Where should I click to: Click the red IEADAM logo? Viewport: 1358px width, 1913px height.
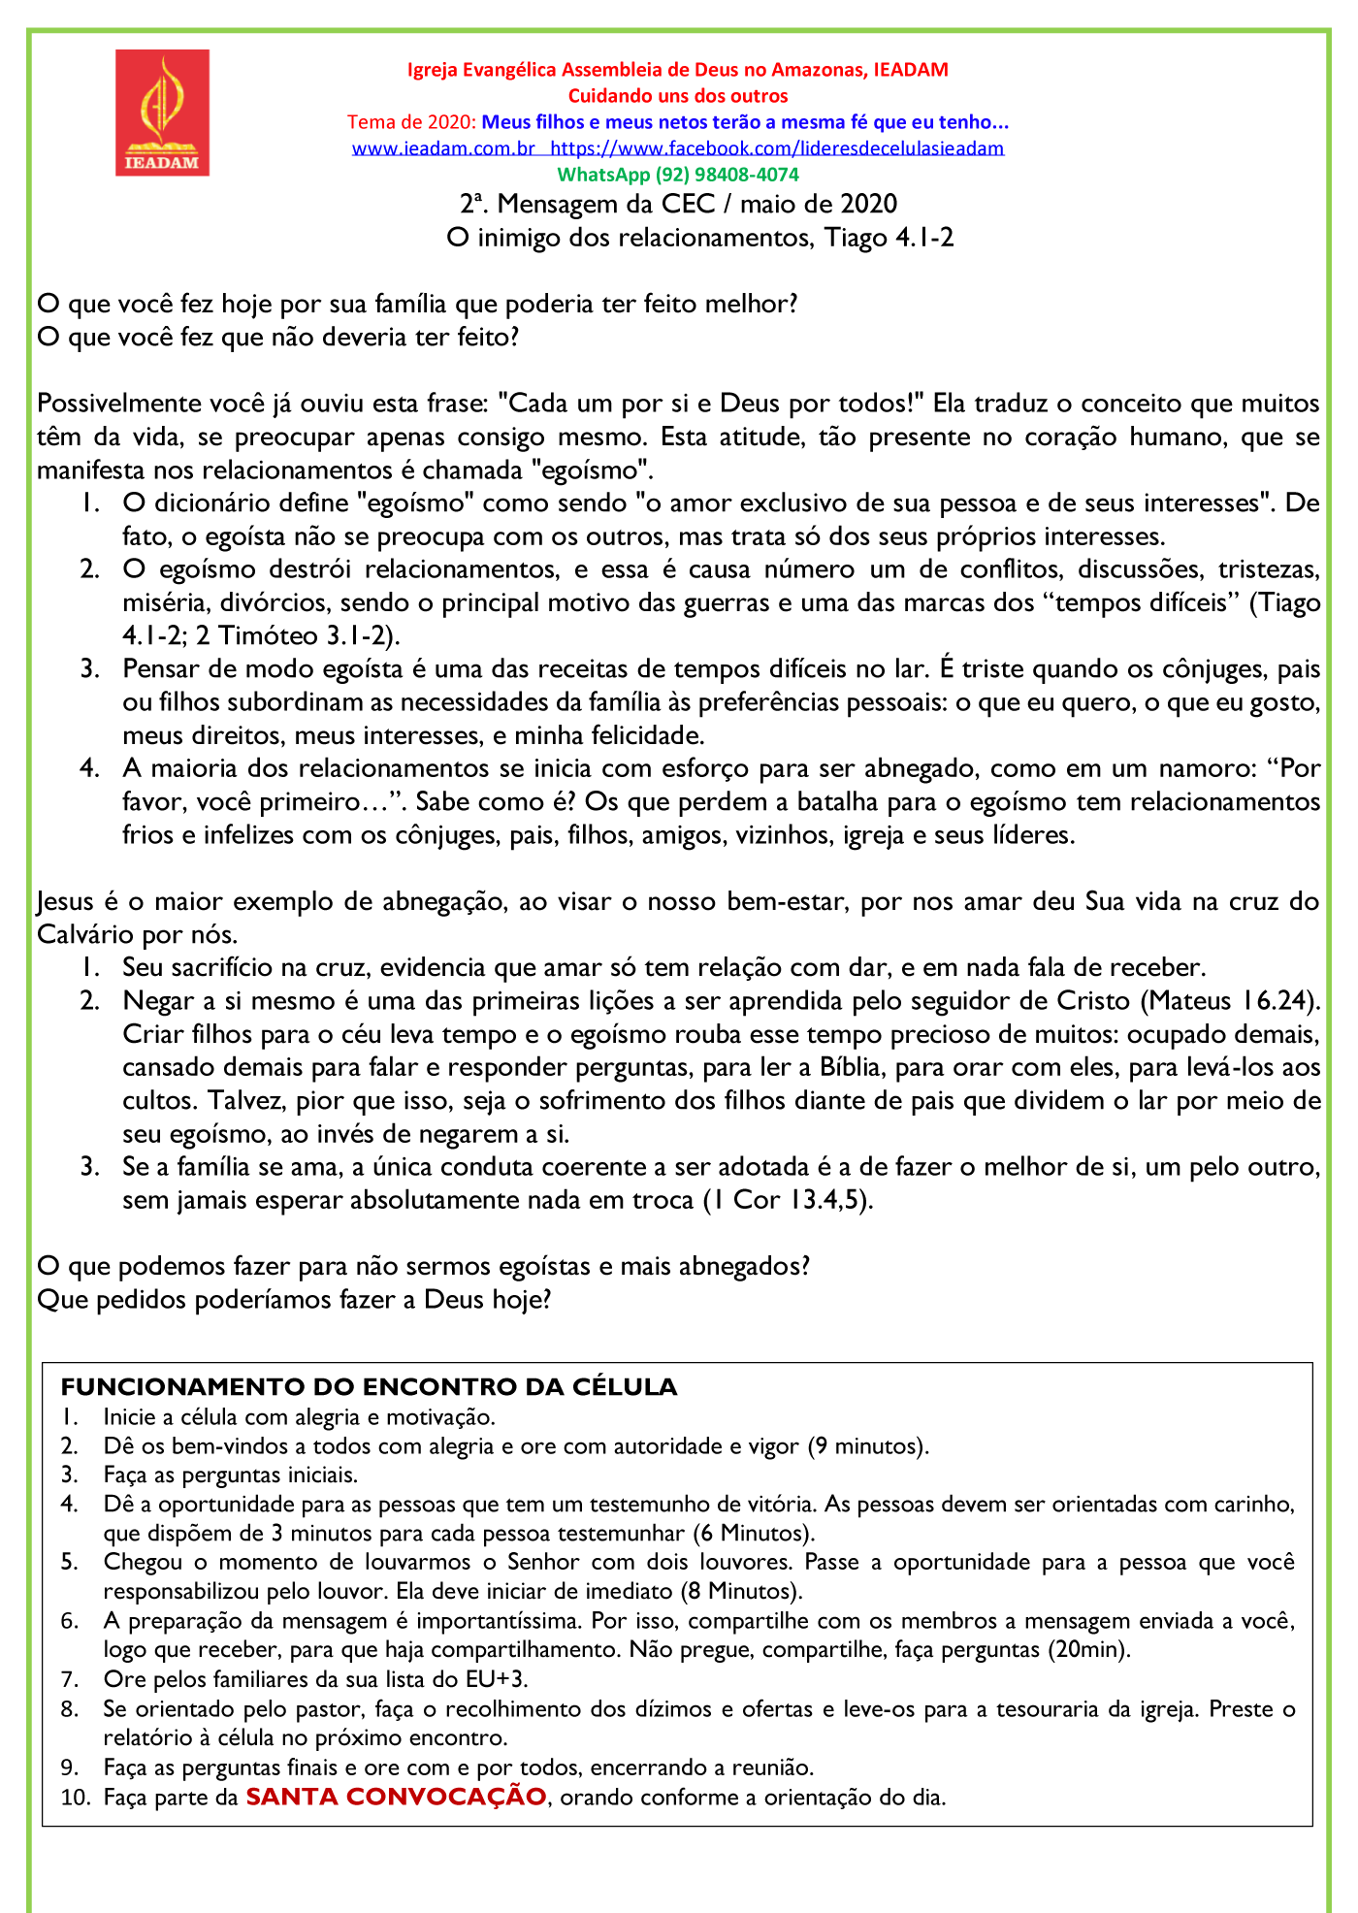162,113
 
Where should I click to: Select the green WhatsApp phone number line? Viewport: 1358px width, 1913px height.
678,175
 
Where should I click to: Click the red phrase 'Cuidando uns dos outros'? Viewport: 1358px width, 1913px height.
678,96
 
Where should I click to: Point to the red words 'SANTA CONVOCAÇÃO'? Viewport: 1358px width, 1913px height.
396,1797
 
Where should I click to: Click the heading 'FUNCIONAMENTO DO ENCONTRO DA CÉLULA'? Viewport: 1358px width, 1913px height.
369,1387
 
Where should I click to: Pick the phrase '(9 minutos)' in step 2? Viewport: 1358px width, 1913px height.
868,1446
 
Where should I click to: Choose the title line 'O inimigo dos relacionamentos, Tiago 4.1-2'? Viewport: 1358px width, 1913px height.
700,238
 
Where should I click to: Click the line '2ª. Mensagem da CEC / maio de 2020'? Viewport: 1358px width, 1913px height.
678,204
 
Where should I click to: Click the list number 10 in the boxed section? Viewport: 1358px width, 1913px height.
74,1798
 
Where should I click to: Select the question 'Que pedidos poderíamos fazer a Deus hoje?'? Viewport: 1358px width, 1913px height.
294,1300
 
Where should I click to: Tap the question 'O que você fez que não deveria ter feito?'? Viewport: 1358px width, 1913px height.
278,338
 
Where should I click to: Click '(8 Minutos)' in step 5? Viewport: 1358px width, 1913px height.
741,1591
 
